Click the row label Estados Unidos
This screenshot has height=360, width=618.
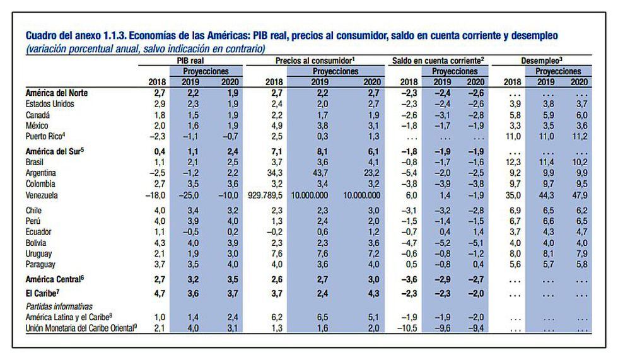50,103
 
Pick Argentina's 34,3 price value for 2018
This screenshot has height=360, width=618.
274,171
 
